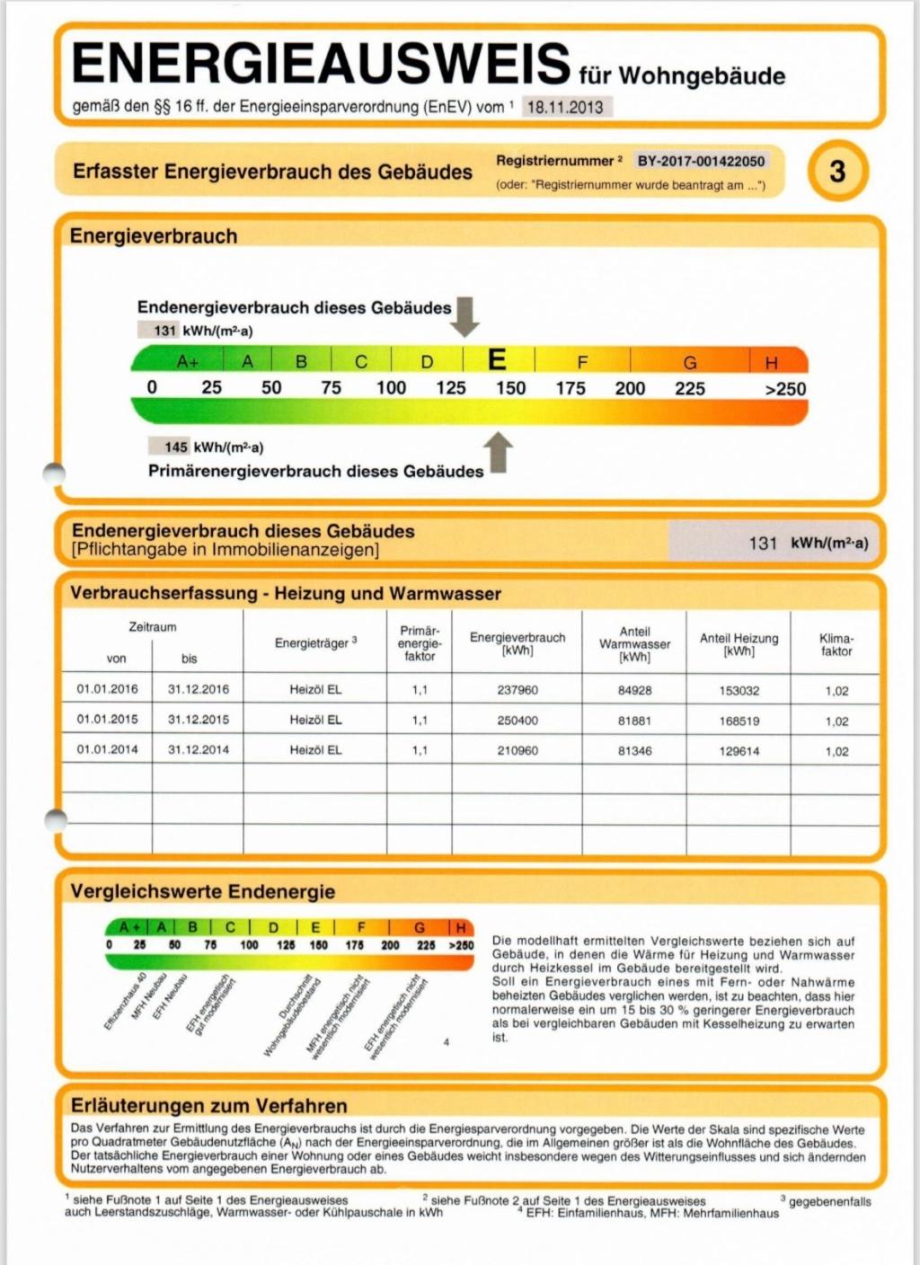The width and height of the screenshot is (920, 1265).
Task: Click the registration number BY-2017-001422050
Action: pyautogui.click(x=701, y=162)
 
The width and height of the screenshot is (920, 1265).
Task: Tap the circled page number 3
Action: pyautogui.click(x=837, y=171)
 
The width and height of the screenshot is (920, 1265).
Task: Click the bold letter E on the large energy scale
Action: pyautogui.click(x=497, y=360)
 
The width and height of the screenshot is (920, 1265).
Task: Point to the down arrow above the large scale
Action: pyautogui.click(x=464, y=316)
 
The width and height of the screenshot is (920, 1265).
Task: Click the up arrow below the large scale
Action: pyautogui.click(x=499, y=452)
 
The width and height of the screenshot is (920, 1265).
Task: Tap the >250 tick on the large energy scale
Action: pyautogui.click(x=784, y=389)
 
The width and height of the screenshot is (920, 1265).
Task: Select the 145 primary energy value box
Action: pyautogui.click(x=176, y=447)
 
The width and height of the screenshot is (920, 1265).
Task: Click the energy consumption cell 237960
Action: pyautogui.click(x=517, y=690)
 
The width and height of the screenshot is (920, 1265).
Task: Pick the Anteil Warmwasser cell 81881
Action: pyautogui.click(x=634, y=721)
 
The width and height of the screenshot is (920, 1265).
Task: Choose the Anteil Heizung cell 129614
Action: pyautogui.click(x=739, y=751)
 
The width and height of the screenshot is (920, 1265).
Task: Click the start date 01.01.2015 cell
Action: pyautogui.click(x=108, y=720)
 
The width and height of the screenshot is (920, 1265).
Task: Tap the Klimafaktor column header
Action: pyautogui.click(x=836, y=644)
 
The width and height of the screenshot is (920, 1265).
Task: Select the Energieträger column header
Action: pyautogui.click(x=315, y=642)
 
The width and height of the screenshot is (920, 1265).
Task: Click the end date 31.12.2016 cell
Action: pyautogui.click(x=198, y=689)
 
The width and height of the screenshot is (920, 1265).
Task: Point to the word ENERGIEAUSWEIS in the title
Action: pyautogui.click(x=321, y=64)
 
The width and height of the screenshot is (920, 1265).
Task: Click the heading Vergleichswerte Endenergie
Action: pyautogui.click(x=202, y=891)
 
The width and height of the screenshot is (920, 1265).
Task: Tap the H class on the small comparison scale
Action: pyautogui.click(x=461, y=928)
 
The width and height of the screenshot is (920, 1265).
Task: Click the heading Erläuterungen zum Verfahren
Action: pyautogui.click(x=208, y=1105)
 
